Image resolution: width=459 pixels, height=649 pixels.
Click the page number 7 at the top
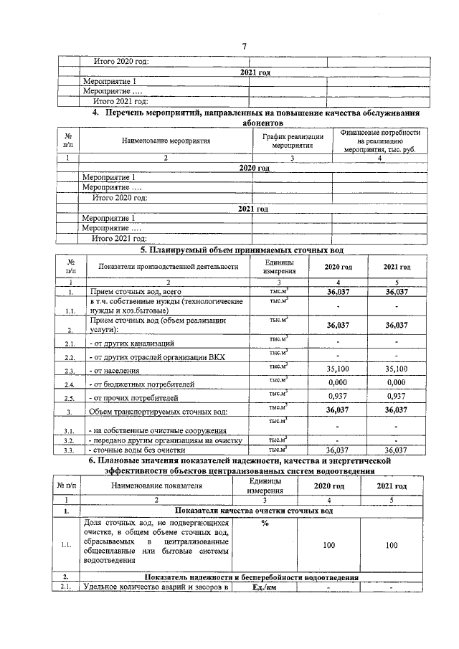245,47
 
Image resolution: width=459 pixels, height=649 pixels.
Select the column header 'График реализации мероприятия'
292,141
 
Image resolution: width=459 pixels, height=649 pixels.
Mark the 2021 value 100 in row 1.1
391,546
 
